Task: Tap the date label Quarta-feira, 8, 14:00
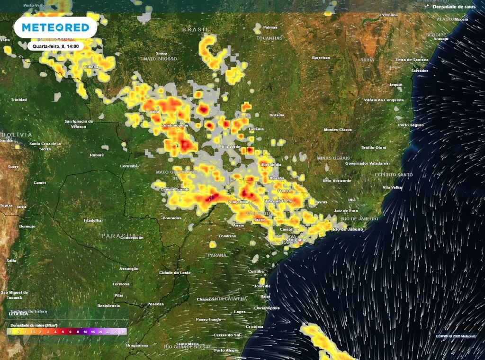[56, 46]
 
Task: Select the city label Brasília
[277, 115]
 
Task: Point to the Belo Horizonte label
[337, 180]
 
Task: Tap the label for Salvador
[420, 71]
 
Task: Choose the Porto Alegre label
[226, 350]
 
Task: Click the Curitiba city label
[256, 271]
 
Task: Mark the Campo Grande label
[175, 189]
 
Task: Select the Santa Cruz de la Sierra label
[45, 145]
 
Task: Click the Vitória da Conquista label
[384, 100]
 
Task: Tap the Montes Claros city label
[338, 129]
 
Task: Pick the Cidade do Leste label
[175, 273]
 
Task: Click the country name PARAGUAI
[119, 235]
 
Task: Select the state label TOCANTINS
[270, 38]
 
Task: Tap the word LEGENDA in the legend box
[18, 314]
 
